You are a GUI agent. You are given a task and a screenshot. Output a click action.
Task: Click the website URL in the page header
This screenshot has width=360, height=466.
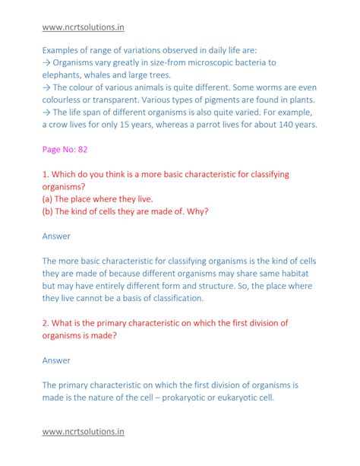83,27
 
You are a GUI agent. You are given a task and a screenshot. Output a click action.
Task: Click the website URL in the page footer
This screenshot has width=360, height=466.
83,433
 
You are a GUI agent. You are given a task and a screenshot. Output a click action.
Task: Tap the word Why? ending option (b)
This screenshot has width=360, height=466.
195,211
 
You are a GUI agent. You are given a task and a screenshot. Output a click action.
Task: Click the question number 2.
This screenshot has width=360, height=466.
46,323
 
